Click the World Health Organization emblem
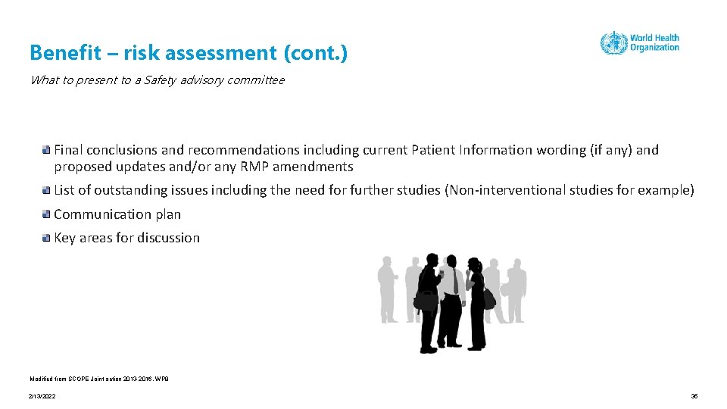613,42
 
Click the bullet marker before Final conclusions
47,150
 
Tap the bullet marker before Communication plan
47,214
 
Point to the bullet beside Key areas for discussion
47,238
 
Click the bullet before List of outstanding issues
47,190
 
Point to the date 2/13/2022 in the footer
42,396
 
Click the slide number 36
694,396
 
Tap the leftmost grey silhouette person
388,288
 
